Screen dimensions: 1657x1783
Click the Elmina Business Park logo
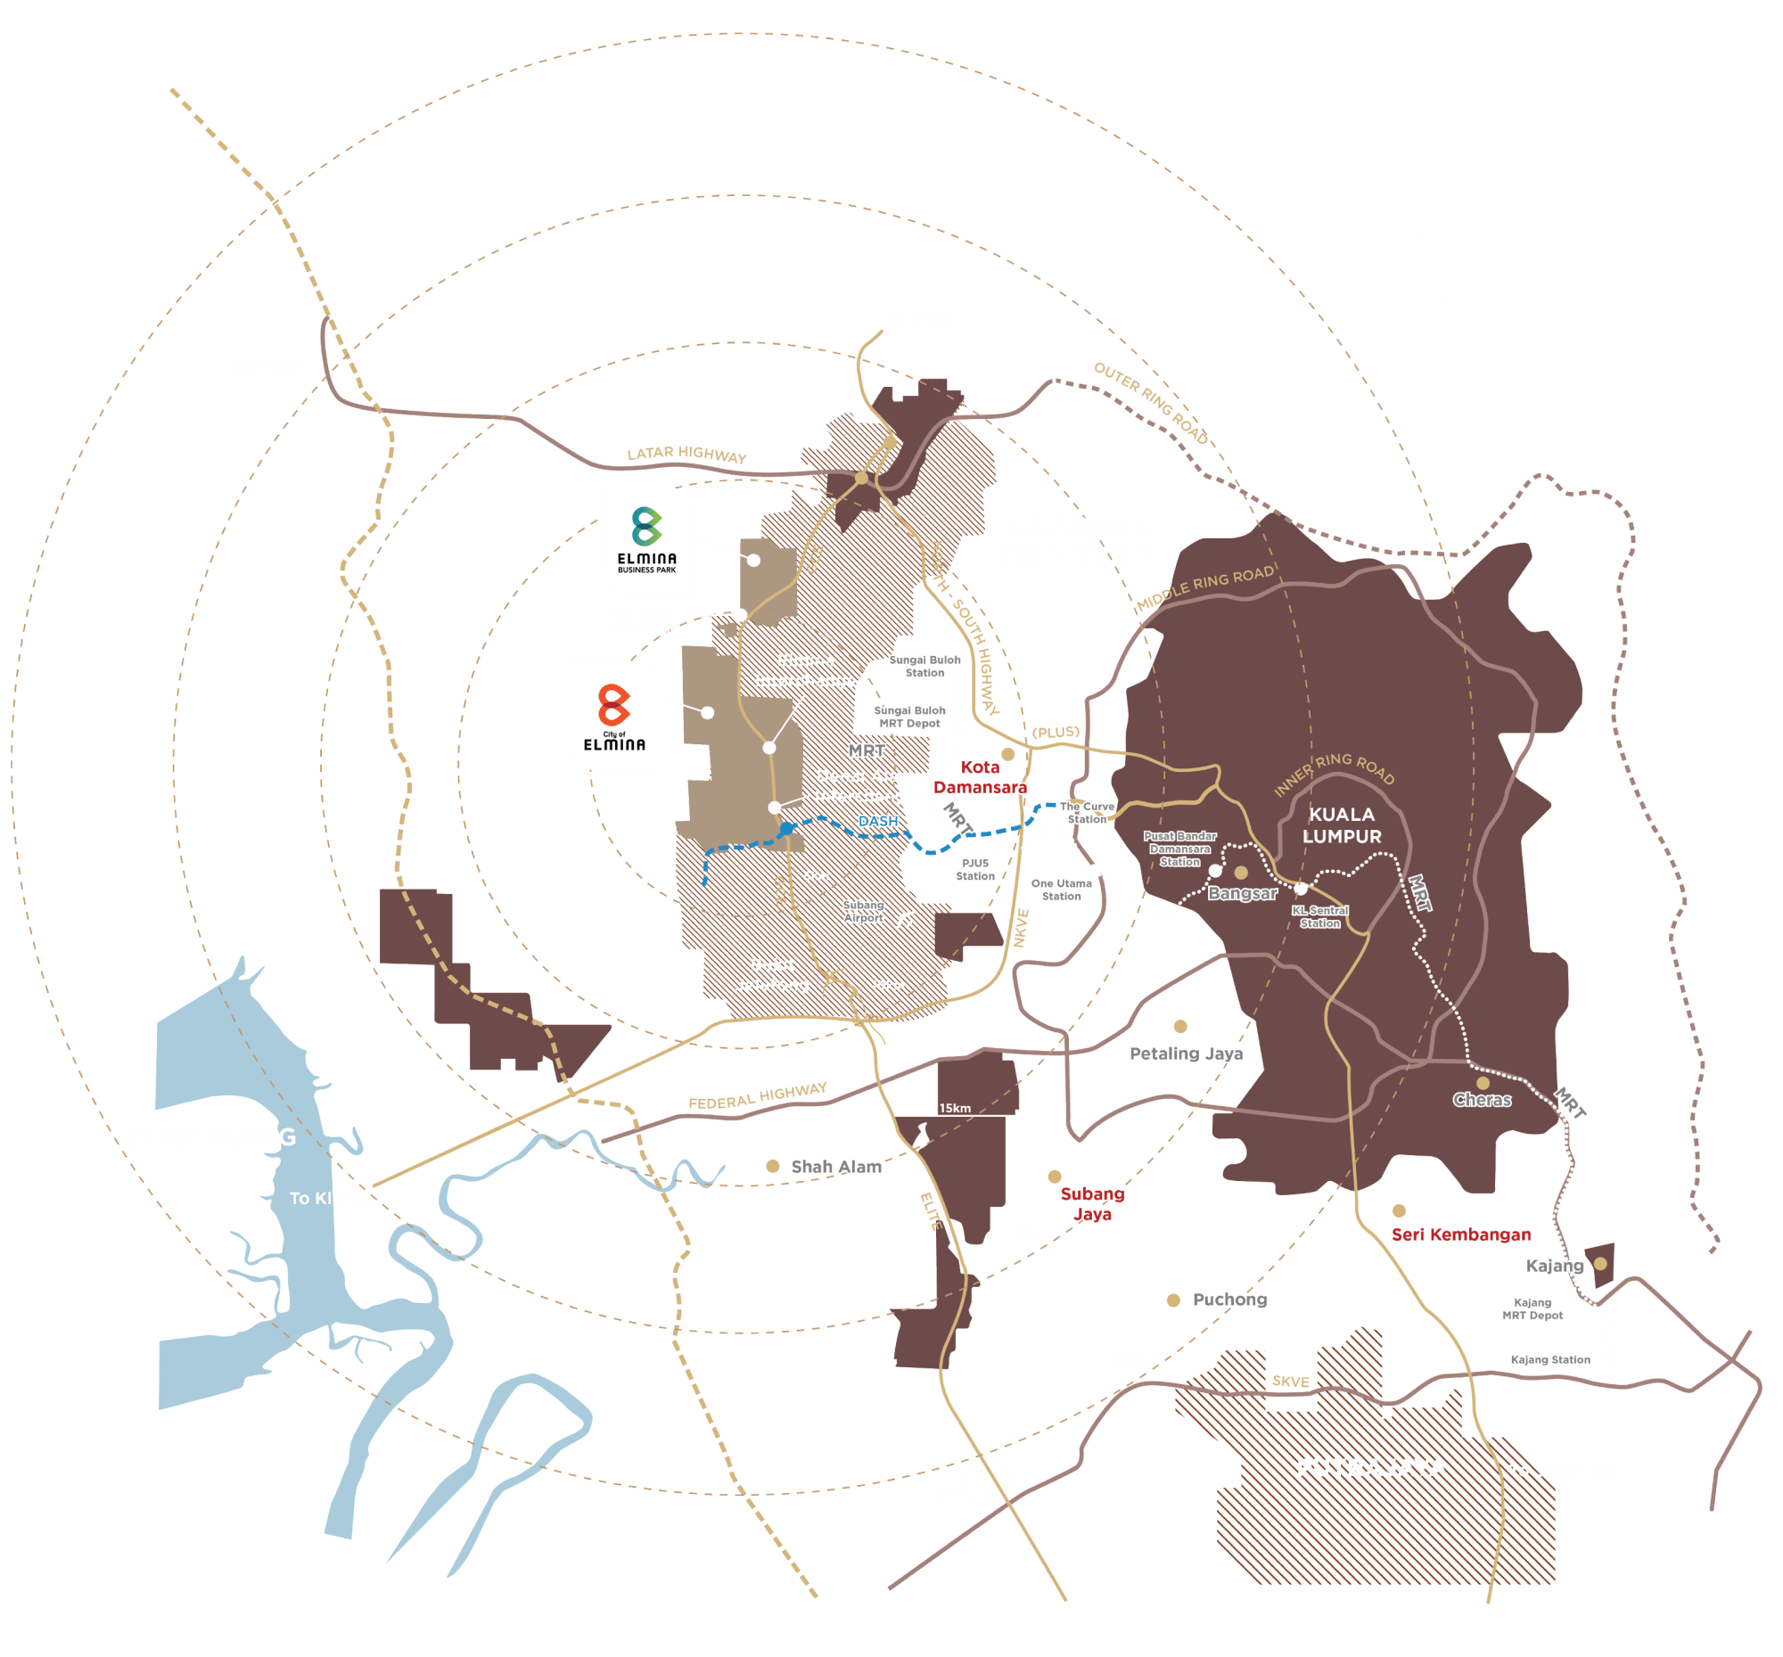click(x=646, y=539)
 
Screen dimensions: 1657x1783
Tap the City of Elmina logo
click(x=614, y=717)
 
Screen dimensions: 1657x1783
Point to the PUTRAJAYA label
click(x=1371, y=1468)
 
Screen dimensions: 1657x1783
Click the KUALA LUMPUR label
click(x=1342, y=824)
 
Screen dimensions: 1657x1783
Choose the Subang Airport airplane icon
click(x=904, y=918)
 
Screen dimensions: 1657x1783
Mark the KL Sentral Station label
click(x=1320, y=916)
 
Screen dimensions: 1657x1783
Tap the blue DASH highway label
click(x=878, y=821)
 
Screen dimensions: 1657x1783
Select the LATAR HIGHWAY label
click(x=686, y=455)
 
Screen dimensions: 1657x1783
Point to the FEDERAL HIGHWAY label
click(x=757, y=1095)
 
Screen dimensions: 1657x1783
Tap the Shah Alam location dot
click(x=772, y=1166)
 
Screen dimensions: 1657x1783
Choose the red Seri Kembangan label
click(x=1460, y=1235)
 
